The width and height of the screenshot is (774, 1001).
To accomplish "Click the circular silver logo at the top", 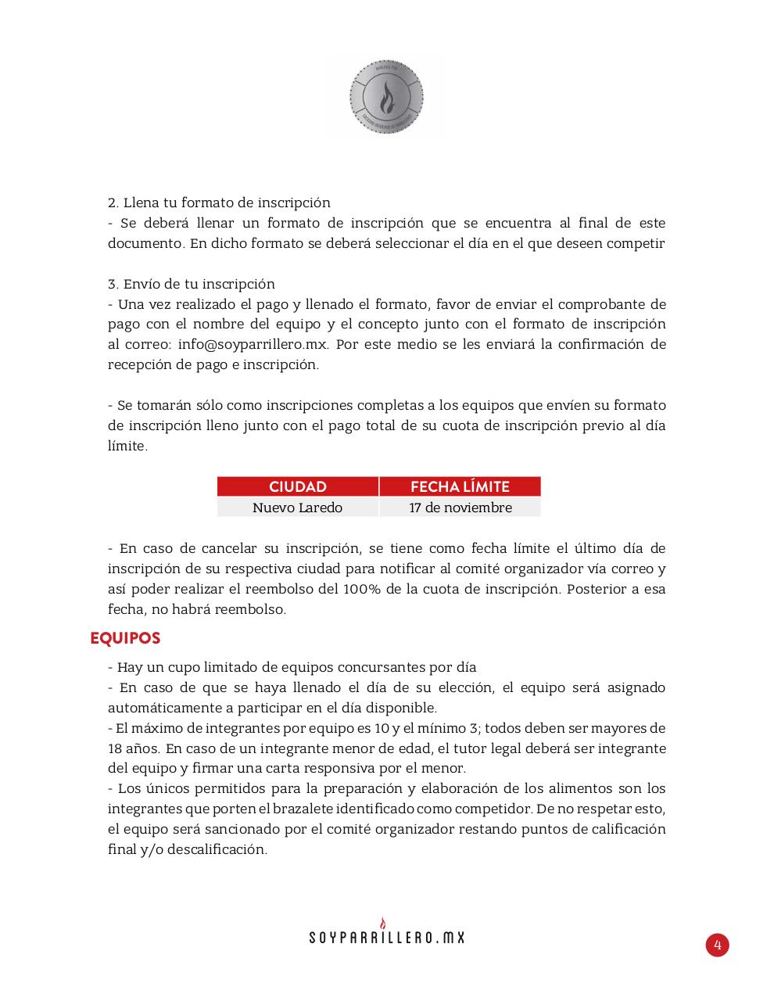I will (385, 99).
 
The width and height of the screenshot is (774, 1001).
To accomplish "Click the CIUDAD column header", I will (297, 486).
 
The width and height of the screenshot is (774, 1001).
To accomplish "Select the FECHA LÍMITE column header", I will (460, 486).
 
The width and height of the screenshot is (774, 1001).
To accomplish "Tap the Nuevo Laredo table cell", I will (297, 508).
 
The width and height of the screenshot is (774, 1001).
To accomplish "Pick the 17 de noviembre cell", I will (460, 508).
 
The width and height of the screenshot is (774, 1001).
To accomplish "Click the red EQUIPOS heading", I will (125, 638).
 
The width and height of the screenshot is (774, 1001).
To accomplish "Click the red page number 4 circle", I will (717, 945).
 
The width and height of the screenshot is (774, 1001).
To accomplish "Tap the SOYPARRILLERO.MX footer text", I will (386, 938).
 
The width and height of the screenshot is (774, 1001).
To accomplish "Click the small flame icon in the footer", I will (383, 923).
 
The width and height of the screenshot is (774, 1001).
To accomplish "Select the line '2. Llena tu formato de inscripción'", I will (219, 203).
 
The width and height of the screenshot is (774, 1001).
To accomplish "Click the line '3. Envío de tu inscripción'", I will (192, 284).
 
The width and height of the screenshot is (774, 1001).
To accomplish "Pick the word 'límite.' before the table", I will (127, 446).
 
